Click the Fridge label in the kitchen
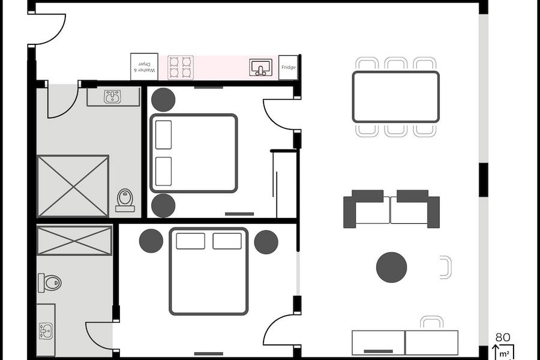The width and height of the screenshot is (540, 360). point(288,67)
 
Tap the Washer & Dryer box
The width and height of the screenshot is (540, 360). point(144,67)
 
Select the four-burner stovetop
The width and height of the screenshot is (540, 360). point(181,67)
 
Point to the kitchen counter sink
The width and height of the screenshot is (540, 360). point(261,67)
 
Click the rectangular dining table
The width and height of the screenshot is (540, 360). point(396,97)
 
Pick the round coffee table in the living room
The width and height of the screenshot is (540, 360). point(392,268)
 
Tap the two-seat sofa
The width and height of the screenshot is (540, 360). point(391,209)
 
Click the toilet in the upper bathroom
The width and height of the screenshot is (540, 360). point(125,200)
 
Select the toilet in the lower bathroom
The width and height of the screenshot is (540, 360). point(50,283)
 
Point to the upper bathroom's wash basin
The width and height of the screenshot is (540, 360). point(113,97)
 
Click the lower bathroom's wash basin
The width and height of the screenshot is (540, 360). point(46,331)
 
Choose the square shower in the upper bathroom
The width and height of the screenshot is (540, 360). point(73,187)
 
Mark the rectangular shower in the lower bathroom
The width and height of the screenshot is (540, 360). point(74,241)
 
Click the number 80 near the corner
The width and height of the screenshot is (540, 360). point(502,337)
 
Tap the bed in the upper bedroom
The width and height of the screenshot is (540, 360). point(194,153)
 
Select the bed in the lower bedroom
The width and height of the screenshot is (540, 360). point(209,271)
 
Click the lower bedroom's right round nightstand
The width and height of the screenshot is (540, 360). point(266,242)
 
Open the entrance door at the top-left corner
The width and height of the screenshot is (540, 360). point(47,29)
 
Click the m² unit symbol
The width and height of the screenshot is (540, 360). point(505,353)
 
